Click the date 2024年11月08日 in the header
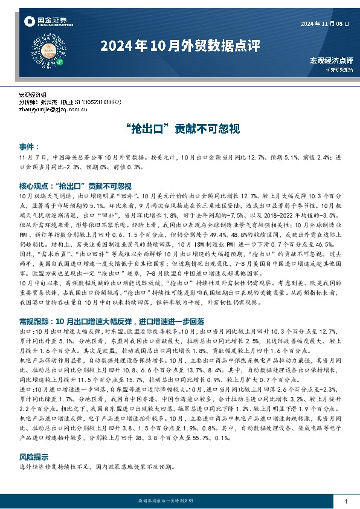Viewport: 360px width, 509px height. [x=325, y=23]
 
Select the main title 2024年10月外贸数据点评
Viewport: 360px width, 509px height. [x=179, y=46]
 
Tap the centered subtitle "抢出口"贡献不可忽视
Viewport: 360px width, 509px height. [x=179, y=128]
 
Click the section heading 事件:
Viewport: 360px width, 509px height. [x=29, y=147]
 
